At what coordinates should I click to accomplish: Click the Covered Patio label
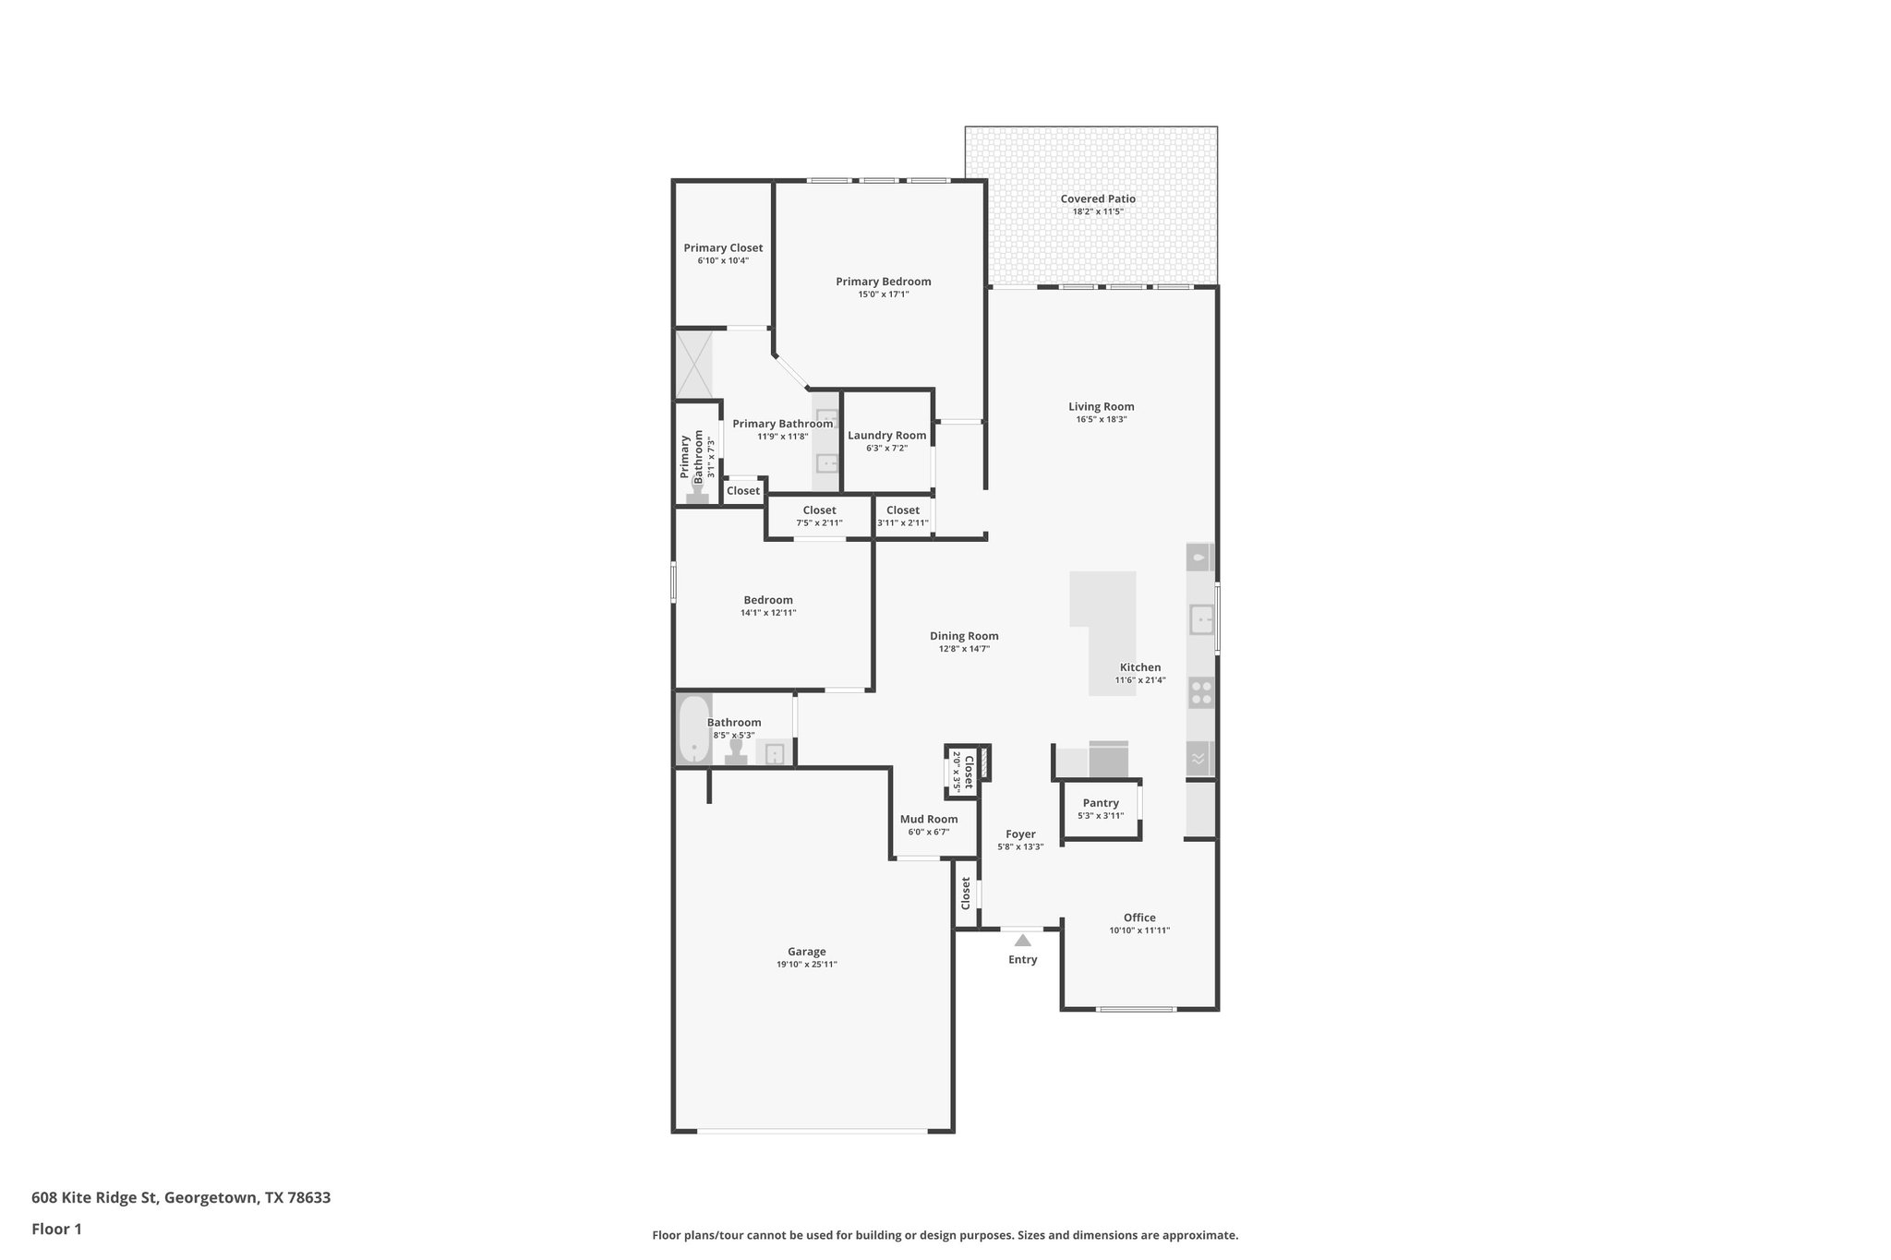click(x=1097, y=198)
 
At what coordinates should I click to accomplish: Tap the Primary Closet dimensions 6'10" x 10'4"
click(x=723, y=261)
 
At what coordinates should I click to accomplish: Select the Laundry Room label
click(x=886, y=436)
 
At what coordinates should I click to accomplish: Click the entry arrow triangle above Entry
click(x=1022, y=941)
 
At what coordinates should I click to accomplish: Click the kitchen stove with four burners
click(x=1200, y=692)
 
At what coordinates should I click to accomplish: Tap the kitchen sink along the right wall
click(x=1200, y=619)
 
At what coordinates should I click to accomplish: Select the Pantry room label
click(x=1100, y=803)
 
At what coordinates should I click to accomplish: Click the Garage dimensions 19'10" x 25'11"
click(x=806, y=965)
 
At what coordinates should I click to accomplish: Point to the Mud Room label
click(x=928, y=819)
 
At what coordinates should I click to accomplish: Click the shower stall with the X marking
click(x=693, y=364)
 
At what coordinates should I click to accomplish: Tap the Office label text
click(x=1138, y=918)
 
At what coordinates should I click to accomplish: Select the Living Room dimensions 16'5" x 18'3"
click(x=1101, y=419)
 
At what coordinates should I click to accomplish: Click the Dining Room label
click(x=963, y=636)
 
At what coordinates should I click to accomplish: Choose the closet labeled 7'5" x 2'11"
click(x=819, y=516)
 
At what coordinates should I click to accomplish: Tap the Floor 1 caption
click(x=56, y=1229)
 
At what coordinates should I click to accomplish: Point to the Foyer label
click(x=1020, y=834)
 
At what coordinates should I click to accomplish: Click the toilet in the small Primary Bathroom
click(x=697, y=495)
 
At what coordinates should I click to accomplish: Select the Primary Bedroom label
click(x=883, y=282)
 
